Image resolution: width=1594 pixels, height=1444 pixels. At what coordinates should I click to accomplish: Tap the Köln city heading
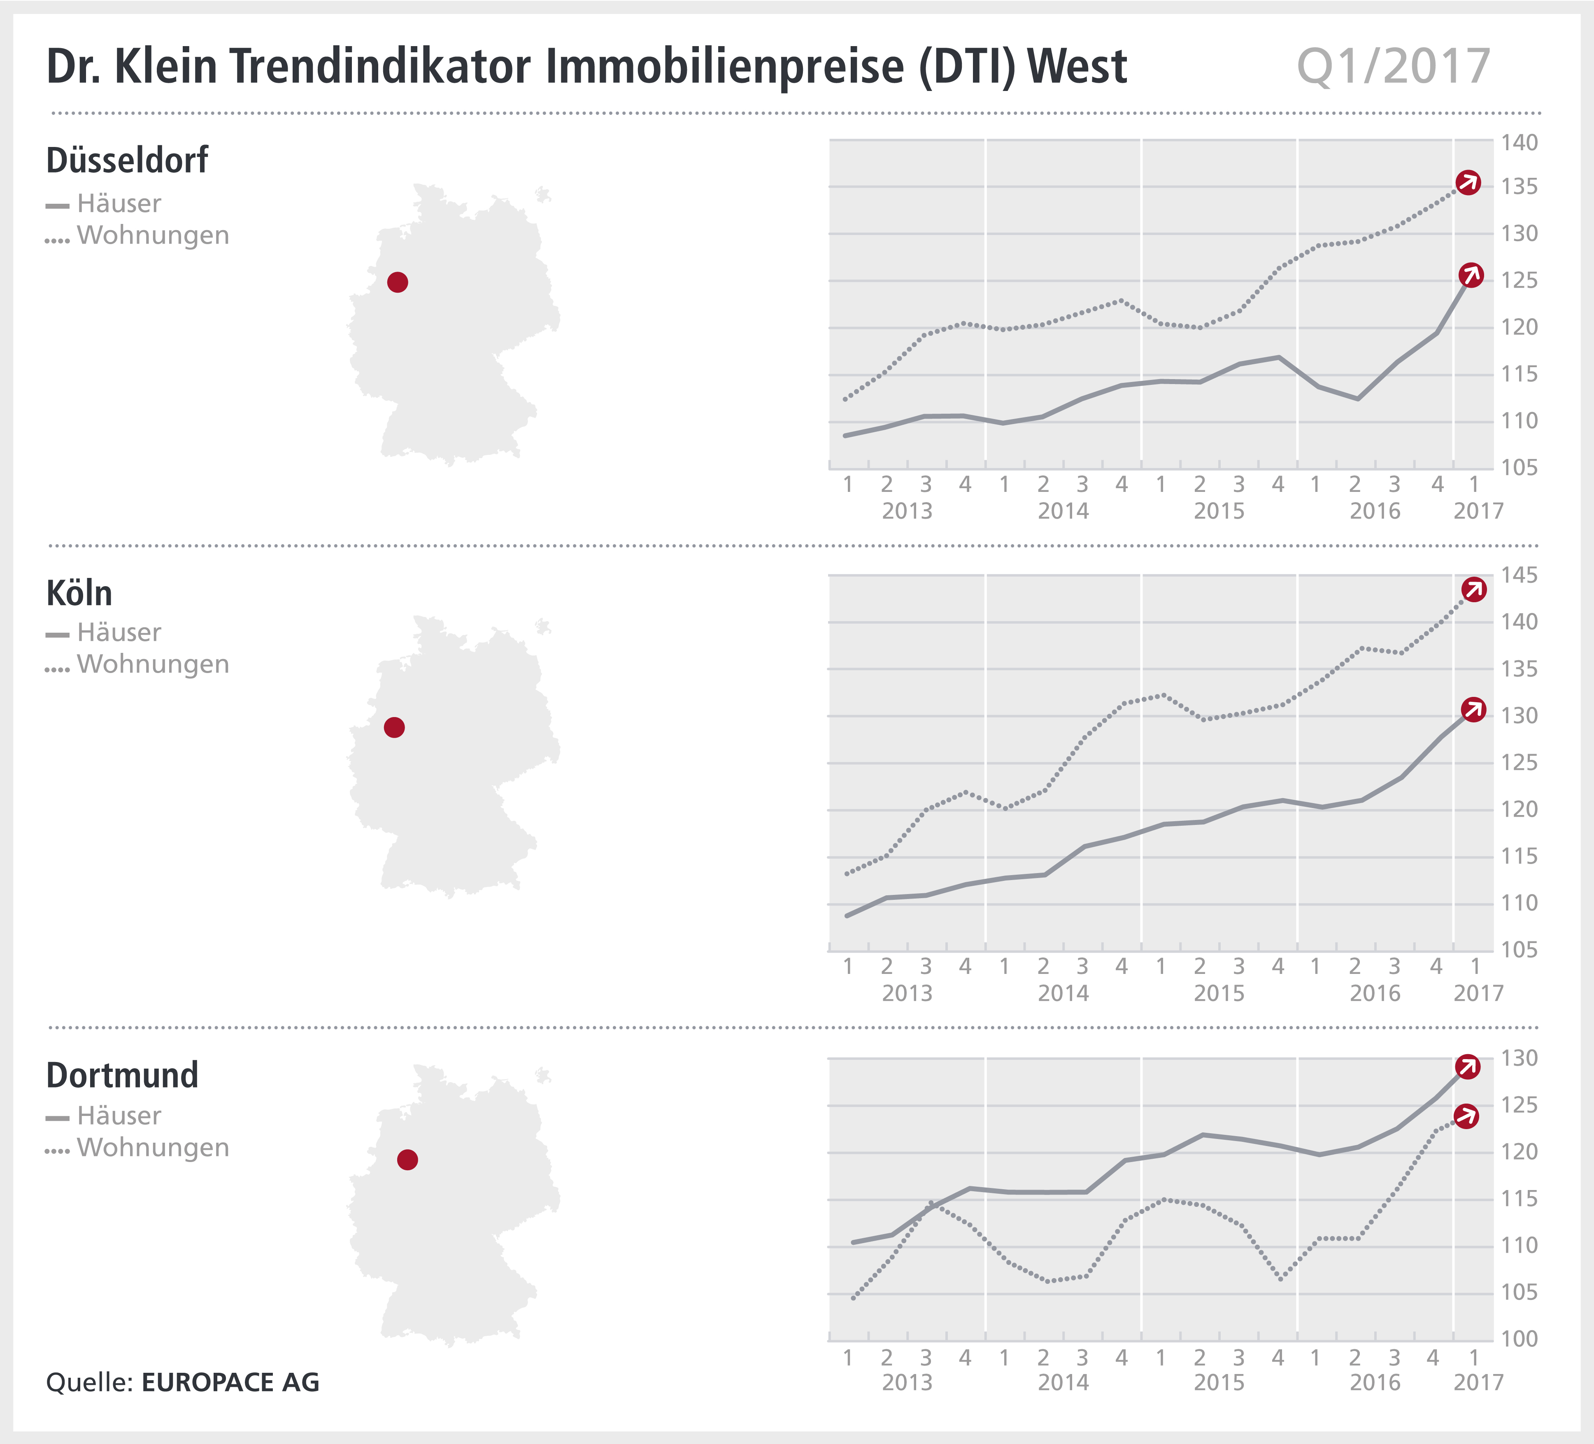click(x=79, y=593)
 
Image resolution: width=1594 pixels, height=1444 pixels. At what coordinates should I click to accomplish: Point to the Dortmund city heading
click(x=123, y=1076)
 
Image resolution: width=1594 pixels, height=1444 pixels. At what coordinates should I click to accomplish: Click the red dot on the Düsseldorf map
click(x=398, y=282)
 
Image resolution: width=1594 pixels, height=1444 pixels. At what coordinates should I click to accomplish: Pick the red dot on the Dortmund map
click(x=407, y=1160)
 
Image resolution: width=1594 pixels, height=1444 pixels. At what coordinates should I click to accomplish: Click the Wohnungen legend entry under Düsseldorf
click(x=153, y=235)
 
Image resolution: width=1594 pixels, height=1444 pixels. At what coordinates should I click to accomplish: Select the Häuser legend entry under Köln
click(x=119, y=633)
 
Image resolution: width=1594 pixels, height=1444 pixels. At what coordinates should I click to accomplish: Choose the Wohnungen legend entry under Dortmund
click(x=153, y=1148)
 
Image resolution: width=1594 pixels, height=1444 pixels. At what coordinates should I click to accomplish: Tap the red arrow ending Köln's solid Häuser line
click(x=1473, y=710)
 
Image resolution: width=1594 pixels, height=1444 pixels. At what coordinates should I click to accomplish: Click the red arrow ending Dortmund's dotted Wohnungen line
click(x=1467, y=1117)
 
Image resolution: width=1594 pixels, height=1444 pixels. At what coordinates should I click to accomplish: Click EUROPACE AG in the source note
click(x=230, y=1382)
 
